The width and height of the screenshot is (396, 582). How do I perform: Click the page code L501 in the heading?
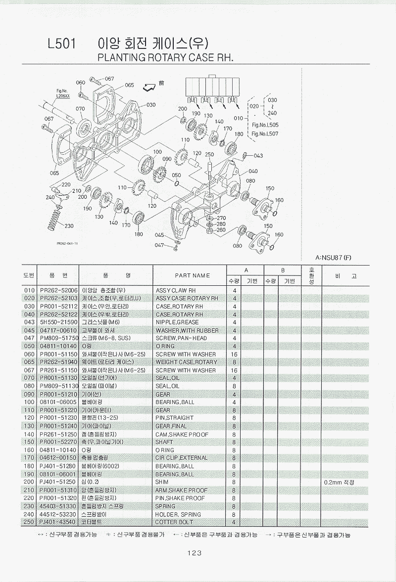tap(61, 44)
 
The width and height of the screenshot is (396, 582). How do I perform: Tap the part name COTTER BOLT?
tap(174, 522)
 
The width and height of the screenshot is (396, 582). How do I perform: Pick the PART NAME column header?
tap(192, 275)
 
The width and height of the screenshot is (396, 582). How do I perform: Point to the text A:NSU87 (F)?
tap(333, 258)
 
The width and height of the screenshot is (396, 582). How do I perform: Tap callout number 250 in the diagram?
tap(209, 155)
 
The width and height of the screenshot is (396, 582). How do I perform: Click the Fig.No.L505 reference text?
tap(265, 126)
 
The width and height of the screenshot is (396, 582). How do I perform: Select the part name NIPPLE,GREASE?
tap(177, 322)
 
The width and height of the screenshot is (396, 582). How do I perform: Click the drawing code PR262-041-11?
tap(64, 243)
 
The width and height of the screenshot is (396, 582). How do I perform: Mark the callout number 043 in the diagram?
tap(258, 156)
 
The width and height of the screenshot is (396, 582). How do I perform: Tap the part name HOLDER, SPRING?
tap(178, 514)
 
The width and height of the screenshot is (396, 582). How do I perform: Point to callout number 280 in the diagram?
tap(221, 224)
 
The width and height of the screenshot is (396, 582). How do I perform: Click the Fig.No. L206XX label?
tap(63, 94)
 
